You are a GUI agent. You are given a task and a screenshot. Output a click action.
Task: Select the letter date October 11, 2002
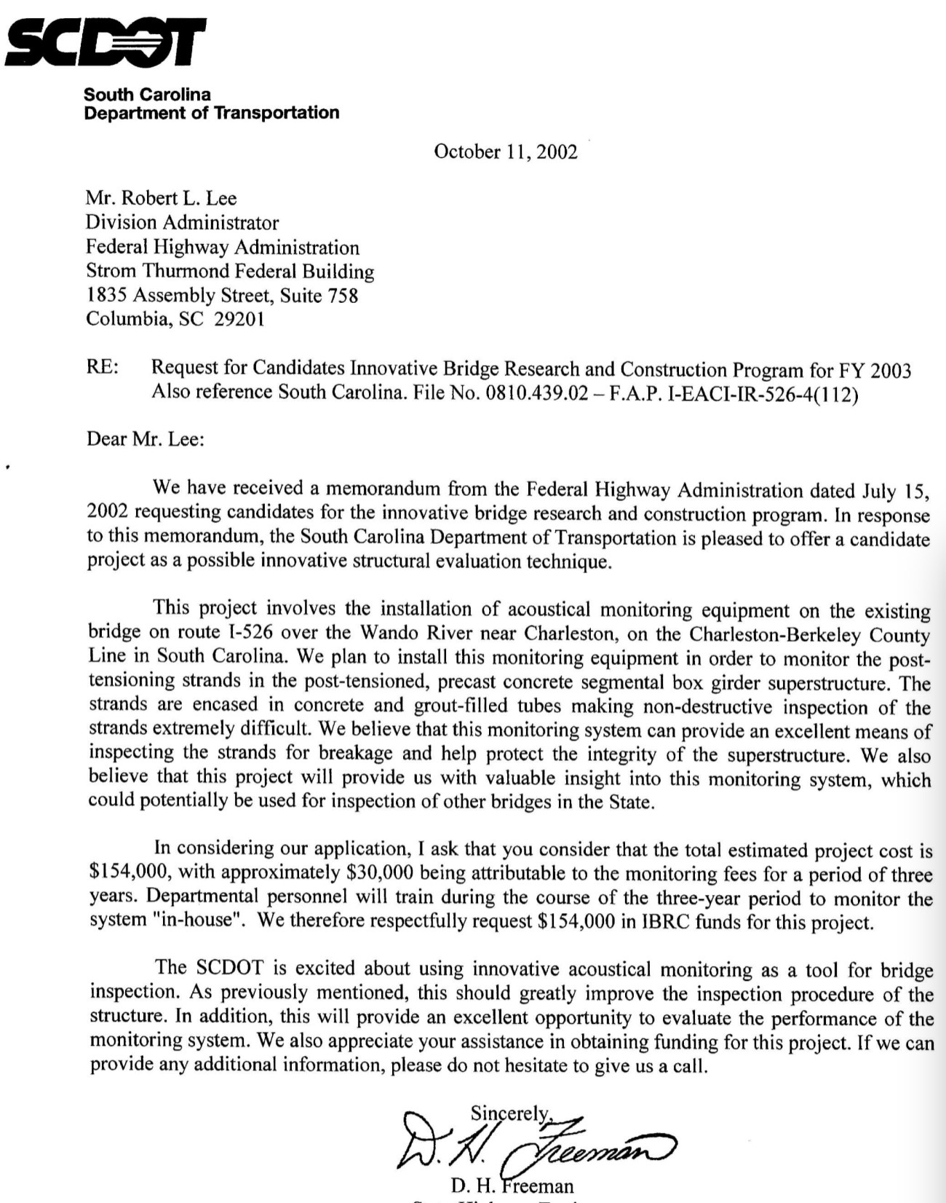coord(505,151)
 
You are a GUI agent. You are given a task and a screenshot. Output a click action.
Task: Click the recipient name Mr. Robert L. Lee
coord(161,198)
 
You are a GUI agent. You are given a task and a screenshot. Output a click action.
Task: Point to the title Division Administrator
coord(182,222)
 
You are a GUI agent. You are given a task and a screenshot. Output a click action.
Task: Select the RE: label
coord(103,368)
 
